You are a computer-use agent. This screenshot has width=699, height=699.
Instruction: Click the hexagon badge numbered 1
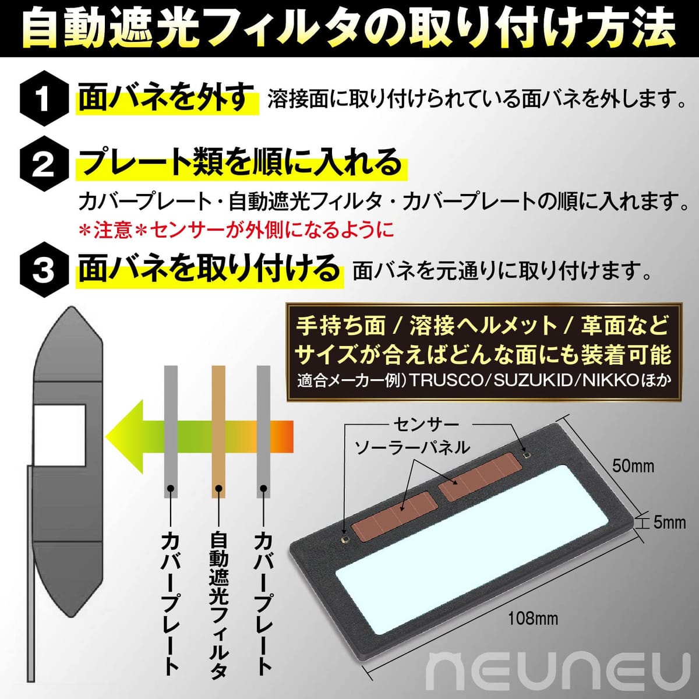click(x=44, y=98)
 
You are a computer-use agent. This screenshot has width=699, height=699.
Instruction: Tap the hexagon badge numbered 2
click(x=44, y=164)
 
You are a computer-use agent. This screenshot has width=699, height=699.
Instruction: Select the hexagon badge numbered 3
click(x=44, y=270)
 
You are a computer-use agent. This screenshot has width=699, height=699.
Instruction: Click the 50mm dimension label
click(x=633, y=466)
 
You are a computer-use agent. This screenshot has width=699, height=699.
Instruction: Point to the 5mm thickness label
click(x=669, y=523)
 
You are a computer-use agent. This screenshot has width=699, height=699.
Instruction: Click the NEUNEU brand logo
click(x=559, y=669)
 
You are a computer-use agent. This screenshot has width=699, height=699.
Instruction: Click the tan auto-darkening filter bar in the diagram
click(x=218, y=431)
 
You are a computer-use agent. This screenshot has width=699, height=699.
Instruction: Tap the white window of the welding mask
click(x=60, y=435)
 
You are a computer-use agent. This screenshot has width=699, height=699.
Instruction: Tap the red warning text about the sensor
click(x=236, y=230)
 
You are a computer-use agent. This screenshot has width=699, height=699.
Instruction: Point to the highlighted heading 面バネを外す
click(x=167, y=98)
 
